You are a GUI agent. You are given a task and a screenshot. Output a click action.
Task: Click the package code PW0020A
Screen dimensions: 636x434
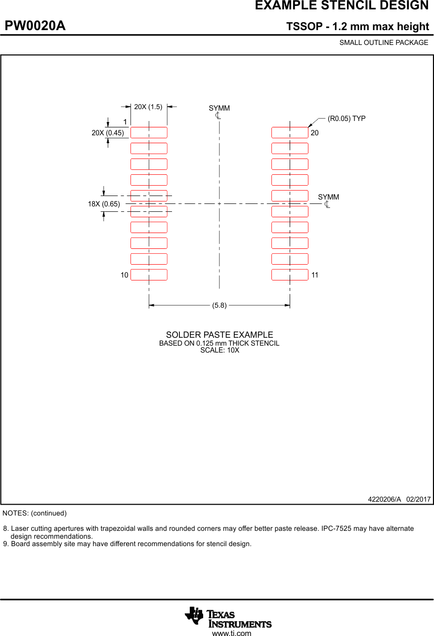click(35, 26)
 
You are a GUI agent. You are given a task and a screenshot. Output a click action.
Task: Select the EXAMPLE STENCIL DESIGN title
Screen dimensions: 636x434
click(342, 6)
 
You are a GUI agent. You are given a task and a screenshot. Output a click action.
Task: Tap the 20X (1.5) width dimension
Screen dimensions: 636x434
click(148, 107)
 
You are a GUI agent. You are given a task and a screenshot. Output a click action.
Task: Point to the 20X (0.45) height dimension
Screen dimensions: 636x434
click(108, 132)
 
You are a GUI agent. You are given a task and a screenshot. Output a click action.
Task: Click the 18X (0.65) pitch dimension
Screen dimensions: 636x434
click(104, 203)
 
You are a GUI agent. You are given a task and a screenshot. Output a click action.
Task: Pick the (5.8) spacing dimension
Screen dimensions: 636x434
click(219, 305)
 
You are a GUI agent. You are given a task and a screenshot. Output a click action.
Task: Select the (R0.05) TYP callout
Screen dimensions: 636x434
click(347, 119)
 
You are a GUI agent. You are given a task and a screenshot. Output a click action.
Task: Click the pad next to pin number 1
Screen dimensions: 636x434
click(149, 132)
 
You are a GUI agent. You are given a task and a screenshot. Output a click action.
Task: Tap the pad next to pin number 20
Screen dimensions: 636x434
click(290, 132)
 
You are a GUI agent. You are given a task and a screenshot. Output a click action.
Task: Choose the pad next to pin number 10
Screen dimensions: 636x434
click(149, 275)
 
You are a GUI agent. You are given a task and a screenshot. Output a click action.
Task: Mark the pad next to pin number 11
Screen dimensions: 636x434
click(290, 275)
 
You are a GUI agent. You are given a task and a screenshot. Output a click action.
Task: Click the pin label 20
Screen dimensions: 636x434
click(315, 133)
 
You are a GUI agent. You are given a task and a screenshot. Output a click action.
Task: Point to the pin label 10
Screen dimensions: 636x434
click(125, 275)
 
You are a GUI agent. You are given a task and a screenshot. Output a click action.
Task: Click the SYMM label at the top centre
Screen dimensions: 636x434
click(219, 108)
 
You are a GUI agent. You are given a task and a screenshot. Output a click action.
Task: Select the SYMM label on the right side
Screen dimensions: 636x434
click(328, 197)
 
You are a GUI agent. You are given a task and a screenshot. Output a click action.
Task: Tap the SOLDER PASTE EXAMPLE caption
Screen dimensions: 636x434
click(219, 335)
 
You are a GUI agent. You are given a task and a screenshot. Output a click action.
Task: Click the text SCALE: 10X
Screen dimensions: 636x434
click(219, 350)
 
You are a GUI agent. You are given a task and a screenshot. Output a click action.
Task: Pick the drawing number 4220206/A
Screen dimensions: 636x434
click(385, 499)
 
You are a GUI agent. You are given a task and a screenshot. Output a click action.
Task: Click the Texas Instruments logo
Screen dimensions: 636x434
click(228, 617)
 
